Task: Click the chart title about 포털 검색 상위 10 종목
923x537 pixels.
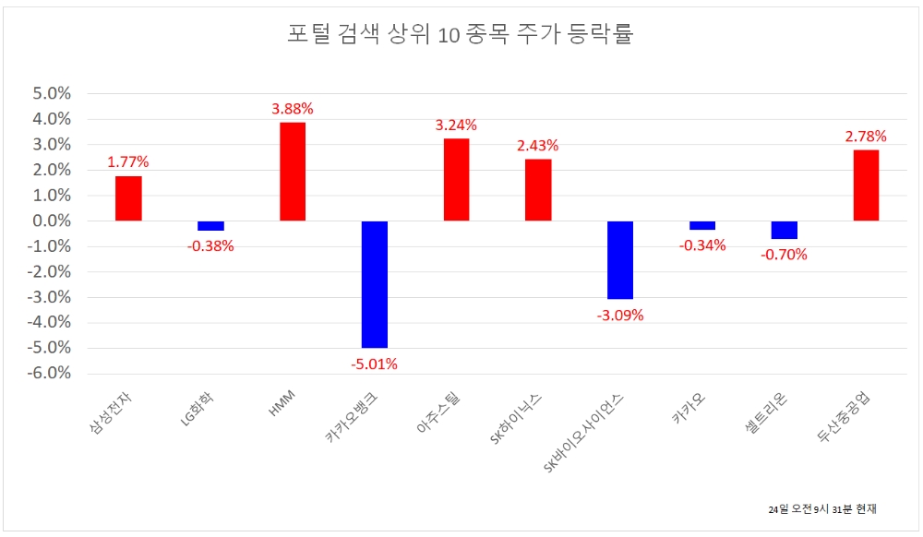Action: point(461,35)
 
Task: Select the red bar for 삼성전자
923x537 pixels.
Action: point(128,198)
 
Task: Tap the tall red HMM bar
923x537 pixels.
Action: point(293,172)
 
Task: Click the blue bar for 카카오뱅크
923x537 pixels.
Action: point(375,284)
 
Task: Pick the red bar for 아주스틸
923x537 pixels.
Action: point(456,180)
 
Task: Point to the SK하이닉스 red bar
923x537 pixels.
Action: point(538,190)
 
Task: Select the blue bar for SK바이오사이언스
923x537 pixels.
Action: point(620,260)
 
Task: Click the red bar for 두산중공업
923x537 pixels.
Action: point(866,185)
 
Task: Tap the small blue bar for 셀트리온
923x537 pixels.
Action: point(784,230)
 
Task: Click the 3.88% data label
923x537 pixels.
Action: point(293,109)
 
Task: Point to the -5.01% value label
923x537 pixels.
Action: point(374,364)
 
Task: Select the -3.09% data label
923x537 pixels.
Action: point(619,315)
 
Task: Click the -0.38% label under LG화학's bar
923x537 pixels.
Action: point(210,246)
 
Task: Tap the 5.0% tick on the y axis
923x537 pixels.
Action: point(53,94)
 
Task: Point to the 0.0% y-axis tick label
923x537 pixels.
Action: point(53,221)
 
